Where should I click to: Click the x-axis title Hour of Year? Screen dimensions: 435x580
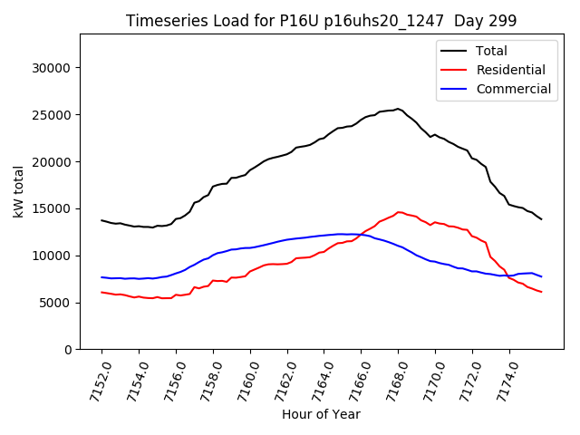pyautogui.click(x=321, y=414)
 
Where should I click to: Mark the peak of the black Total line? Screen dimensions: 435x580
pyautogui.click(x=398, y=109)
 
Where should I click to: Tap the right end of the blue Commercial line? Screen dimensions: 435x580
pyautogui.click(x=542, y=276)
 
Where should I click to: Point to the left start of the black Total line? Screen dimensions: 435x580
pyautogui.click(x=101, y=220)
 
